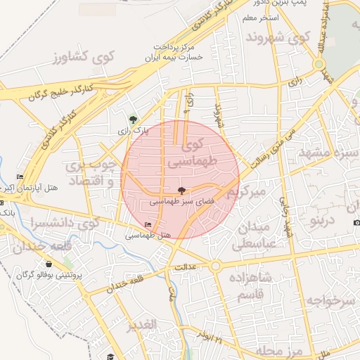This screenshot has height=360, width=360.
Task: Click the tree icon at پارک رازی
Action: coord(134,119)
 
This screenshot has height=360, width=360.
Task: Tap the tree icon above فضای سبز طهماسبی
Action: coord(181,190)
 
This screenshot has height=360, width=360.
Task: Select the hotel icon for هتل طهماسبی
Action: coord(147,225)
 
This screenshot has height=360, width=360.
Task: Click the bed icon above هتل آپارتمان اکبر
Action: coord(19,176)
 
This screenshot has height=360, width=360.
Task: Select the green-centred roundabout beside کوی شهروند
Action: coord(319,65)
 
